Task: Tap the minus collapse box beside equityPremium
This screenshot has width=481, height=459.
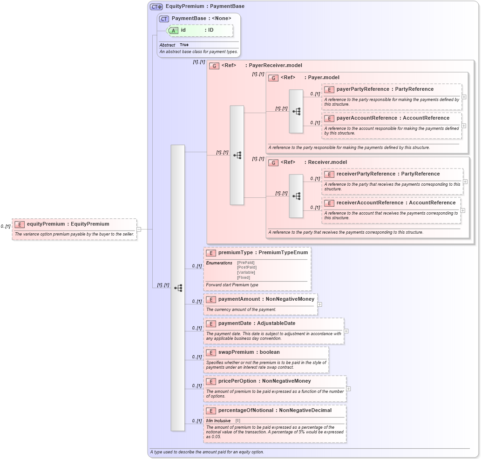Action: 139,229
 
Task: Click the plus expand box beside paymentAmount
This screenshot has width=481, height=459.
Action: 320,304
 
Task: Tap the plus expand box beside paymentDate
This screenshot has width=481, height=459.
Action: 346,331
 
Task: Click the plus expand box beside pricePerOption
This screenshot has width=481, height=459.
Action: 348,389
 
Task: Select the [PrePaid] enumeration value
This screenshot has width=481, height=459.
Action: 245,263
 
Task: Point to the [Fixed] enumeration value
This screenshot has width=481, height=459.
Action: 244,277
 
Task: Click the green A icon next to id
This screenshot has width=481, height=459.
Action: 173,30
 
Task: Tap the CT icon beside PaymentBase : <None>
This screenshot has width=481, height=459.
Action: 164,19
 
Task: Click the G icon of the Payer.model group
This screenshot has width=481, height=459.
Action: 273,78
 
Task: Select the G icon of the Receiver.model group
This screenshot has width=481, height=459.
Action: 273,162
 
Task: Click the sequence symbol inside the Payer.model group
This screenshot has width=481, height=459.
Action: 296,111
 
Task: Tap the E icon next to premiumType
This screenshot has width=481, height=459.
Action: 210,253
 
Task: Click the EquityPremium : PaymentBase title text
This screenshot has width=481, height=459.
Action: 205,7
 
